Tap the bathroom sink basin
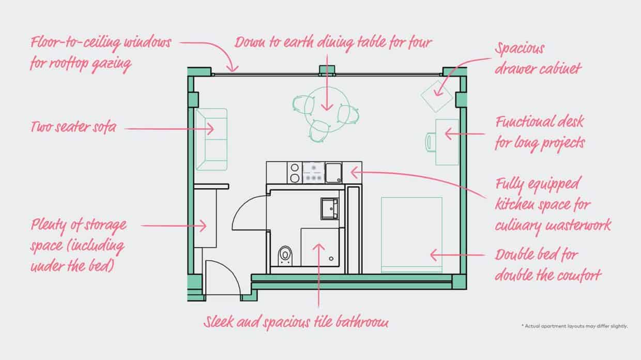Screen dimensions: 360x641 pos(329,207)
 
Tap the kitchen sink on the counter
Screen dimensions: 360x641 pos(333,172)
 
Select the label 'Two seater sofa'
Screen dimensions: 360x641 pos(73,126)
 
